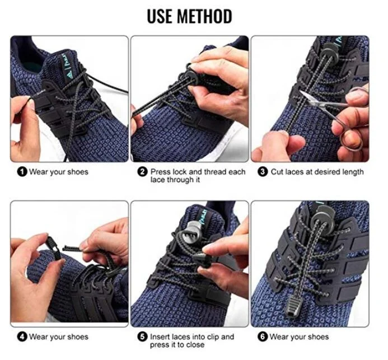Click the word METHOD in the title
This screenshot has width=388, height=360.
(205, 16)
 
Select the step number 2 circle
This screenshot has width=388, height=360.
(143, 171)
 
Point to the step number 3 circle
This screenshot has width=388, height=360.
(263, 171)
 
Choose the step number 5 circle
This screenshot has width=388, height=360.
(143, 336)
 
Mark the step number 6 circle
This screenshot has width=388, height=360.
(263, 336)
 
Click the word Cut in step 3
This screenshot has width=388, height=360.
(277, 171)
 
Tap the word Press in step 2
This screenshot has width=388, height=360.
(161, 171)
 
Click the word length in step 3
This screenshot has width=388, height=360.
(353, 172)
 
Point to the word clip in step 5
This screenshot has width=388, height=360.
(214, 337)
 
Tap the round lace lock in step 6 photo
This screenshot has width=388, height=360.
(322, 218)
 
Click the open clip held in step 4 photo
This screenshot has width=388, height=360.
(53, 247)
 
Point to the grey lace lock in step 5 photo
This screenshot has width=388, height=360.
(191, 231)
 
